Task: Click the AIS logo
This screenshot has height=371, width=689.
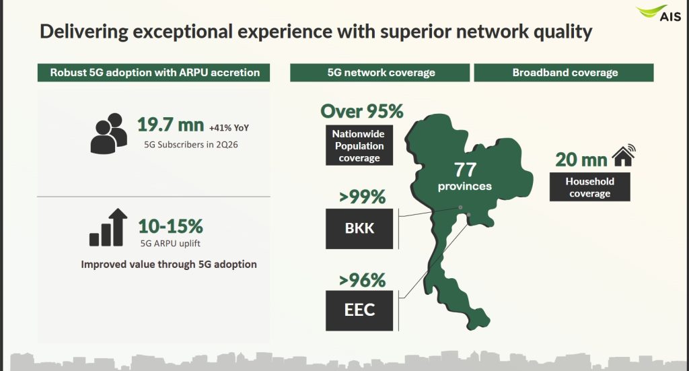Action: click(658, 13)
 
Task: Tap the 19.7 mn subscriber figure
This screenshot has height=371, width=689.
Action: click(170, 125)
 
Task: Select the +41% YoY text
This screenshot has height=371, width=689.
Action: click(229, 128)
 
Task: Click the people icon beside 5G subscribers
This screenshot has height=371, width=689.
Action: click(109, 133)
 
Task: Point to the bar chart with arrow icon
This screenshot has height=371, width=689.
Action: click(108, 228)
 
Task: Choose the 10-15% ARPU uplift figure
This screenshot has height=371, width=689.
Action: click(170, 226)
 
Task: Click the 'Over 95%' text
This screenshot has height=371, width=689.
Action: click(361, 111)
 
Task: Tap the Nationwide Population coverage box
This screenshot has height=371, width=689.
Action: click(359, 145)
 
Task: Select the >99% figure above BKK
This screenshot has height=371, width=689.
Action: click(362, 197)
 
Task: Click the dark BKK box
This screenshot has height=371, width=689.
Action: click(359, 228)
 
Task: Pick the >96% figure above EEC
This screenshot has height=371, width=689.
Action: click(362, 280)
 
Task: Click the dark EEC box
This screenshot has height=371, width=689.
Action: click(359, 310)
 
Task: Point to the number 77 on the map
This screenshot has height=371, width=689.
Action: click(465, 170)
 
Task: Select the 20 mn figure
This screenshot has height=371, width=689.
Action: click(581, 160)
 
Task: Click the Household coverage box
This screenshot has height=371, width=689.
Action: click(589, 187)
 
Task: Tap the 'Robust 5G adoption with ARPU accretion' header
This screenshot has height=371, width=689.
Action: click(154, 73)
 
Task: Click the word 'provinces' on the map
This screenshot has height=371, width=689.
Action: click(464, 187)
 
